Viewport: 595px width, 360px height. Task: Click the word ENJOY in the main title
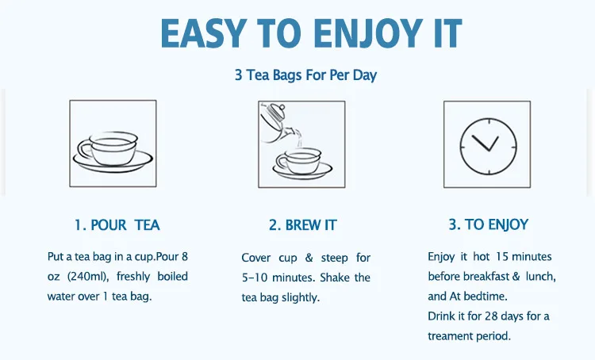coord(367,33)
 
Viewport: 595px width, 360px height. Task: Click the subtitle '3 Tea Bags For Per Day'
coord(306,75)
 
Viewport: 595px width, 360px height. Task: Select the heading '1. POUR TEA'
coord(117,225)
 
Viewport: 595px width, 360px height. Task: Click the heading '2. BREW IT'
coord(302,225)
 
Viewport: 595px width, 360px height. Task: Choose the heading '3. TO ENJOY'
coord(489,224)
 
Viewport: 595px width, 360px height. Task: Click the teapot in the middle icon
coord(277,122)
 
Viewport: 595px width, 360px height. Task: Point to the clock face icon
coord(489,146)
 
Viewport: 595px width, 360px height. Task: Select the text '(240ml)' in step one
coord(88,277)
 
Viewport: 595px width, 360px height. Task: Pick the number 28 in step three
coord(492,316)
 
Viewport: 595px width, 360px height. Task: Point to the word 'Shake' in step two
coord(334,278)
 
